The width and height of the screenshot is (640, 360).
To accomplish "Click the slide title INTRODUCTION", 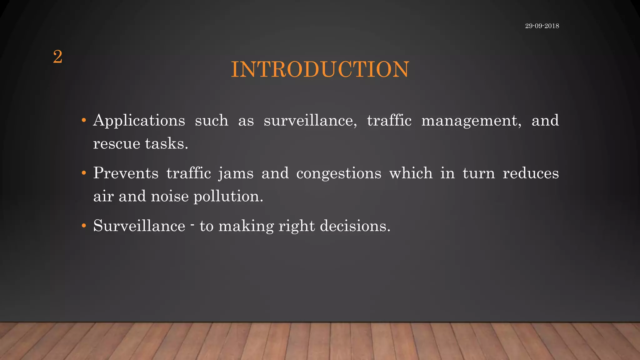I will (x=320, y=69).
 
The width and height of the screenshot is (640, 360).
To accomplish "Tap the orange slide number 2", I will (x=58, y=57).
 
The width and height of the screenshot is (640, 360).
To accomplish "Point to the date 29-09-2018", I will (x=542, y=26).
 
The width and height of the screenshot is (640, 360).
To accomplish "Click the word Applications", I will (x=139, y=121).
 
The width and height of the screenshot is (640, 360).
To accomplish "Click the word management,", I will (x=471, y=121).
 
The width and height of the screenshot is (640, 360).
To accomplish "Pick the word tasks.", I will (x=167, y=144).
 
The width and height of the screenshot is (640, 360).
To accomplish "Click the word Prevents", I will (x=126, y=173).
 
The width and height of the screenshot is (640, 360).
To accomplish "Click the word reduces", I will (x=531, y=173).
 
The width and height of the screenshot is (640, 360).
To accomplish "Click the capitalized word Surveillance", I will (x=139, y=226).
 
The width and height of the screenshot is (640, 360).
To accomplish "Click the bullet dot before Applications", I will (x=83, y=120).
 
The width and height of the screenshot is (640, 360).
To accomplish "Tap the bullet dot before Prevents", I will (x=83, y=173).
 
